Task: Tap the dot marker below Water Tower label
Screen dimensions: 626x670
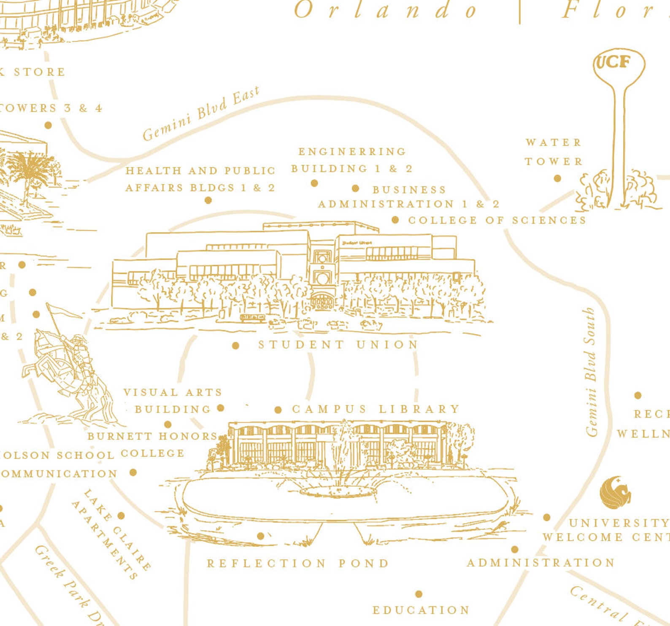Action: [557, 178]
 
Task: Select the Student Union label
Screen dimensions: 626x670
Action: [338, 345]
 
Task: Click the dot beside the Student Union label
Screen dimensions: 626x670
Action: [235, 346]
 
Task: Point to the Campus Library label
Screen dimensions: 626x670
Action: [376, 409]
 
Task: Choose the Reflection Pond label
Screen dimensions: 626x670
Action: [298, 563]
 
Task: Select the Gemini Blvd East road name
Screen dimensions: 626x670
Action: [200, 114]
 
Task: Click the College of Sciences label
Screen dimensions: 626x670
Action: [497, 220]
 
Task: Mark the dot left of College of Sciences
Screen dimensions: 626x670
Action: [395, 220]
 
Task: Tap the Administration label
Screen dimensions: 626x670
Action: [540, 563]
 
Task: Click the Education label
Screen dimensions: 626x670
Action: [421, 610]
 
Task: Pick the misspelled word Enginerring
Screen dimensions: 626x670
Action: [352, 151]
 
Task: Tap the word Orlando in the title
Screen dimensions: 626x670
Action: [386, 11]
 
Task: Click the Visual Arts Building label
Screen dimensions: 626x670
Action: [173, 401]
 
